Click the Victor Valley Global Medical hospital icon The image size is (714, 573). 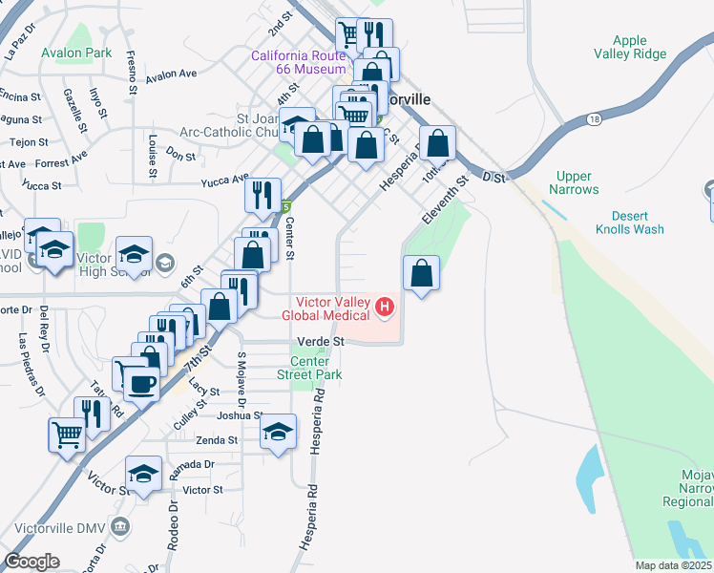(385, 307)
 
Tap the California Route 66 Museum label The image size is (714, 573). (298, 63)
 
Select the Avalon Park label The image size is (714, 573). (76, 53)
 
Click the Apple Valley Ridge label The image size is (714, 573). (629, 48)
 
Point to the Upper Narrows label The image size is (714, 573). (575, 182)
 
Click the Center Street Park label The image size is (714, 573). (309, 368)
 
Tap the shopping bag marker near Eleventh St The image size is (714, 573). (422, 274)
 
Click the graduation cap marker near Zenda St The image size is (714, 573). (278, 433)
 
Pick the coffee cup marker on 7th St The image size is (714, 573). (141, 384)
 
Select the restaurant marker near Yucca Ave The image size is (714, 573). (262, 195)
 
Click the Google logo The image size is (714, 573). (32, 562)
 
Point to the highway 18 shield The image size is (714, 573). (596, 119)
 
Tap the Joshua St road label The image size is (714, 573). (240, 415)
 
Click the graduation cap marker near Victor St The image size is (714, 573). (143, 475)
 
